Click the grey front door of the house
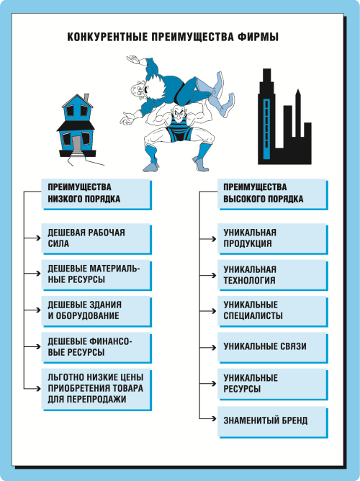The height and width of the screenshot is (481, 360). tap(76, 143)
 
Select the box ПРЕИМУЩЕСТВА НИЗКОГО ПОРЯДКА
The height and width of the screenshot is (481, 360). tap(96, 194)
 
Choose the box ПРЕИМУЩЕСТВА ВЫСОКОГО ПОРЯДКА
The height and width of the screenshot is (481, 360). tap(273, 194)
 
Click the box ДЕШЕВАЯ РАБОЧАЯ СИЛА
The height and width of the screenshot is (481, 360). tap(96, 238)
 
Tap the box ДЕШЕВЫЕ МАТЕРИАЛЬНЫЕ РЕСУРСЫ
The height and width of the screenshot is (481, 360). tap(96, 275)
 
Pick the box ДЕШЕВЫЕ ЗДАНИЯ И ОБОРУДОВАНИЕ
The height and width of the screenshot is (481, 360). tap(96, 311)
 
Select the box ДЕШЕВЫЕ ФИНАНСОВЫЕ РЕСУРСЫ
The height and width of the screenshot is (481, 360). tap(96, 348)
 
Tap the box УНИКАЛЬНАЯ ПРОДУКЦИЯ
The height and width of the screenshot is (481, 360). tap(273, 238)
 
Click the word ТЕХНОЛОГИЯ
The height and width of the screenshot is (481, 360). tap(249, 280)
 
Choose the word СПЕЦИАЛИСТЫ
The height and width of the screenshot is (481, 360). tap(253, 316)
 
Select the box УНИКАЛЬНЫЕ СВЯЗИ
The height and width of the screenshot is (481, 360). tap(273, 348)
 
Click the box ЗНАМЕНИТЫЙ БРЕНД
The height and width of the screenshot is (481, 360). tap(273, 421)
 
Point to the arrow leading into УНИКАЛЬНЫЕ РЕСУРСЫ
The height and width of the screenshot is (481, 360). tap(208, 384)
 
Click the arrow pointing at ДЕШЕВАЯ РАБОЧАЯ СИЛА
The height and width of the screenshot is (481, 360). tap(32, 238)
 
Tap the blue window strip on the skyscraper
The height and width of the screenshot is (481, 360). tap(266, 129)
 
